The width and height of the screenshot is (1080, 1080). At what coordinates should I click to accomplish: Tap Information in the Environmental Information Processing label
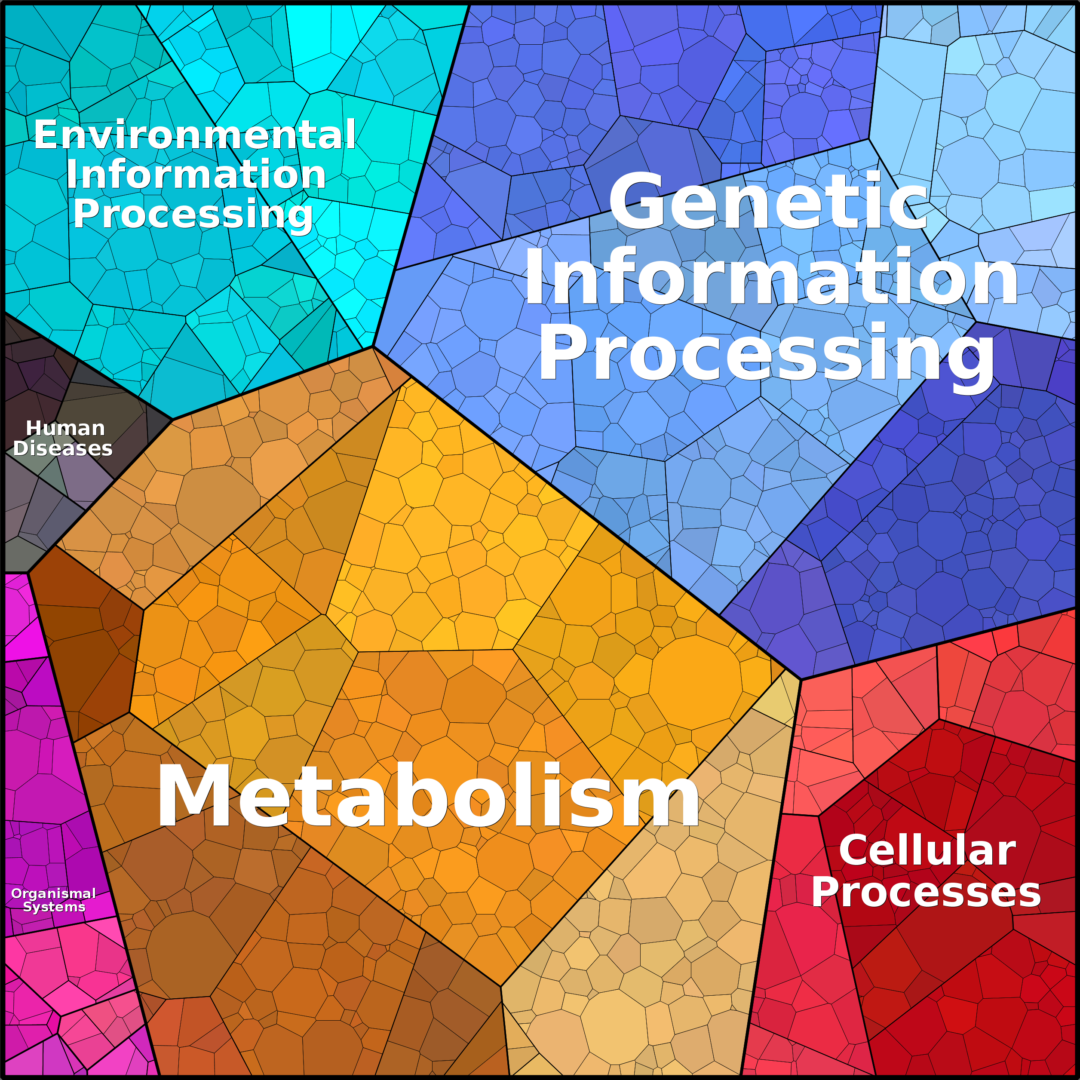(196, 175)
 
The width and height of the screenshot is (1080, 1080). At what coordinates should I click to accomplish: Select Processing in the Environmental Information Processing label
(193, 214)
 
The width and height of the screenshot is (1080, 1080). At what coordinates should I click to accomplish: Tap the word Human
(65, 428)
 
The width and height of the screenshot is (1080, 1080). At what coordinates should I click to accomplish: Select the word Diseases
(63, 448)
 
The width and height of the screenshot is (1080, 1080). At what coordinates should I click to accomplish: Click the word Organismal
(54, 893)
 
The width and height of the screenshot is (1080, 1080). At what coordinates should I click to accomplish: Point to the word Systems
(54, 907)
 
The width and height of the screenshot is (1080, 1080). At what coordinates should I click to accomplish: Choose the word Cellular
(927, 851)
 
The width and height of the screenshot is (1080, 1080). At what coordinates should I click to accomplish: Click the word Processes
(926, 892)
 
